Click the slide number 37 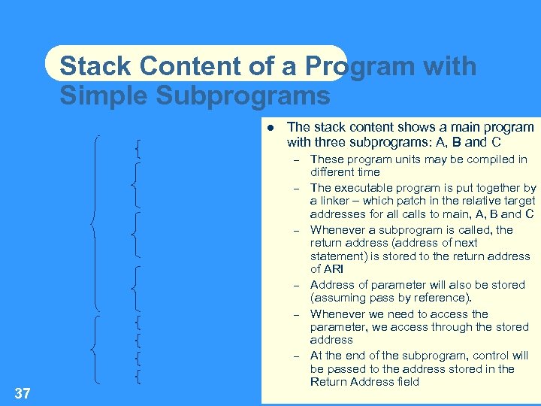tap(22, 392)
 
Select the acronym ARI tap(331, 268)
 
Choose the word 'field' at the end tap(405, 382)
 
